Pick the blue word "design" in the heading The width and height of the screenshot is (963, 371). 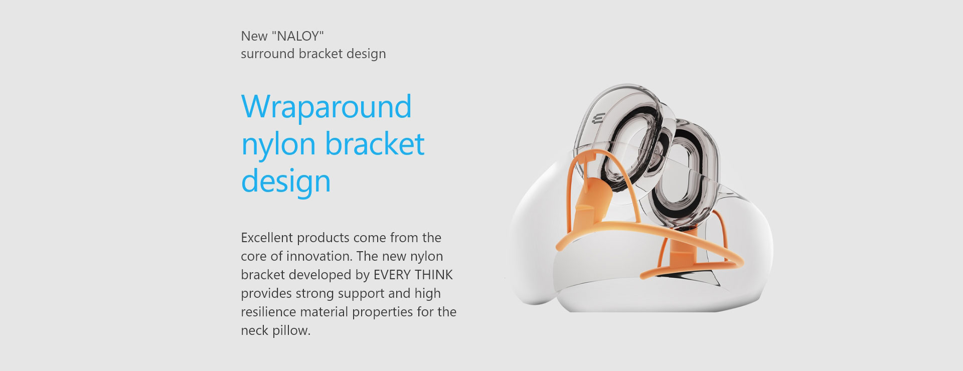coord(286,181)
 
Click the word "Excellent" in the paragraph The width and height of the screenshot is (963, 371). coord(267,237)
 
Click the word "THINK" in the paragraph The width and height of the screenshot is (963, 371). coord(434,275)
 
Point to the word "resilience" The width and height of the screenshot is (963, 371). coord(269,312)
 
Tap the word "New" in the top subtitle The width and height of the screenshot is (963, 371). coord(254,36)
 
